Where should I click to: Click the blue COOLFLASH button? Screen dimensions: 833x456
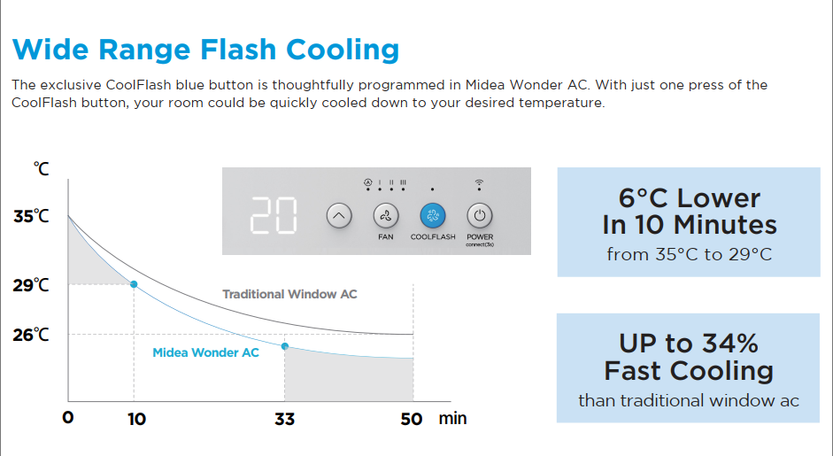pyautogui.click(x=433, y=216)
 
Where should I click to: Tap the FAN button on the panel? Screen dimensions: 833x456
pyautogui.click(x=386, y=216)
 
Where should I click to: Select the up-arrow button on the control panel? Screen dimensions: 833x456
pyautogui.click(x=339, y=216)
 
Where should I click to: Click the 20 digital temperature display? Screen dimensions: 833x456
pyautogui.click(x=274, y=215)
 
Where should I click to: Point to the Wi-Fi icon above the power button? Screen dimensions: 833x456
pyautogui.click(x=479, y=184)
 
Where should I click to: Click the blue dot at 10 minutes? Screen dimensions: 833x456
pyautogui.click(x=134, y=284)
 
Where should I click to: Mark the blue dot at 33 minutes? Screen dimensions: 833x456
pyautogui.click(x=285, y=346)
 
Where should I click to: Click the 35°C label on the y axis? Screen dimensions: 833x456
pyautogui.click(x=31, y=216)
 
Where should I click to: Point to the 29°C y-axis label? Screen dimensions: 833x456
pyautogui.click(x=31, y=285)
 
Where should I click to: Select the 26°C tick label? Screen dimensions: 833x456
pyautogui.click(x=31, y=335)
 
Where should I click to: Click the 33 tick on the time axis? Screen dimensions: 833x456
pyautogui.click(x=285, y=420)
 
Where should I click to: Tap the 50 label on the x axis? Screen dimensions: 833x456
pyautogui.click(x=411, y=420)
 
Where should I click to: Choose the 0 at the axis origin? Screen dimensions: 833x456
pyautogui.click(x=68, y=418)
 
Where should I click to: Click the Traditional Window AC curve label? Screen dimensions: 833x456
pyautogui.click(x=289, y=294)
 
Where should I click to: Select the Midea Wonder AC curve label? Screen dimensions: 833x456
pyautogui.click(x=205, y=352)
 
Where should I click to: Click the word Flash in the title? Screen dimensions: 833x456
pyautogui.click(x=238, y=50)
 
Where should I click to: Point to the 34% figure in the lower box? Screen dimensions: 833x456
pyautogui.click(x=730, y=344)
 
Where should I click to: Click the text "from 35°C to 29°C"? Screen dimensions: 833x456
pyautogui.click(x=689, y=255)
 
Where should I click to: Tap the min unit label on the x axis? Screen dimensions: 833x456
pyautogui.click(x=452, y=418)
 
